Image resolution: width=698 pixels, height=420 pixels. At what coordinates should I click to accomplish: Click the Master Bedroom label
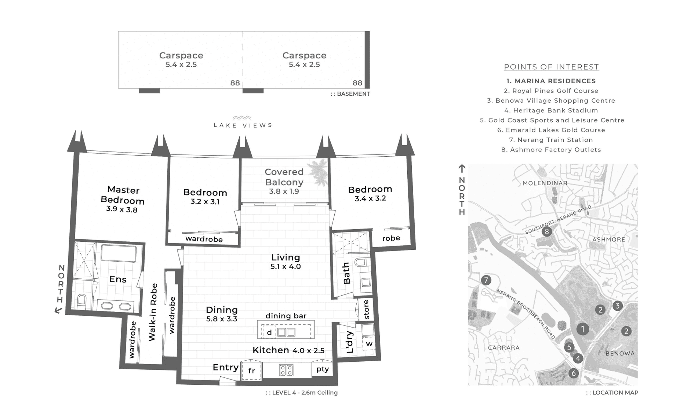point(123,195)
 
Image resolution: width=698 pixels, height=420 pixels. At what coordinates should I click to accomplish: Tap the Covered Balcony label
point(284,177)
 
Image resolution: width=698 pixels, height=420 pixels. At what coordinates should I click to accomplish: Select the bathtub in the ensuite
point(119,253)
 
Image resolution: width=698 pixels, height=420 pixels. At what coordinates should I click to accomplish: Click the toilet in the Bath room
point(361,262)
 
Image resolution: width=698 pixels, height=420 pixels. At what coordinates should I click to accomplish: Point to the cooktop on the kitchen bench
point(286,370)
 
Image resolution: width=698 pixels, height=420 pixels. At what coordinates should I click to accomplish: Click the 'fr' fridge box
point(251,370)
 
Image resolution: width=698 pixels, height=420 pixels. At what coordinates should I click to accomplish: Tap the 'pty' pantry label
point(323,369)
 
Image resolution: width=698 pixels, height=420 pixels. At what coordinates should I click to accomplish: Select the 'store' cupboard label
point(366,310)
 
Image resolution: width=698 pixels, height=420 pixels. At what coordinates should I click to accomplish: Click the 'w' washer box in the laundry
point(369,344)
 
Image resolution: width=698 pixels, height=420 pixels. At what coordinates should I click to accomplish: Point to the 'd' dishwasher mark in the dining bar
point(269,332)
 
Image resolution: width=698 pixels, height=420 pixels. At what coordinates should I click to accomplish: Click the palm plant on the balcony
point(318,172)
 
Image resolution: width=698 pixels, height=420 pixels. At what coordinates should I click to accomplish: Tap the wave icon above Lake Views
point(242,118)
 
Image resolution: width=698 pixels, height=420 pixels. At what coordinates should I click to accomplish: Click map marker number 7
point(486,280)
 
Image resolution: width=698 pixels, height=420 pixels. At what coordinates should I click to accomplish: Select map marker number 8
point(547,231)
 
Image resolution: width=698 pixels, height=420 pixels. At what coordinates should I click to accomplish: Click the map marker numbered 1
point(582,329)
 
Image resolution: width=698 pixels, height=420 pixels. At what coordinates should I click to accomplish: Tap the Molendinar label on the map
point(545,183)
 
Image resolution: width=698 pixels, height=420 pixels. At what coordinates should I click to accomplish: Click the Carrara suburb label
point(503,347)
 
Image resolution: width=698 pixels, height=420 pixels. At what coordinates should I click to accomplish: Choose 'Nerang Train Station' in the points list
point(551,140)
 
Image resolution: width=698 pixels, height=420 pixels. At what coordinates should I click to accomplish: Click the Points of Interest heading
point(551,67)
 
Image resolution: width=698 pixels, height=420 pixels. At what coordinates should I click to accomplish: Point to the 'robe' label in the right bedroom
point(391,238)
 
